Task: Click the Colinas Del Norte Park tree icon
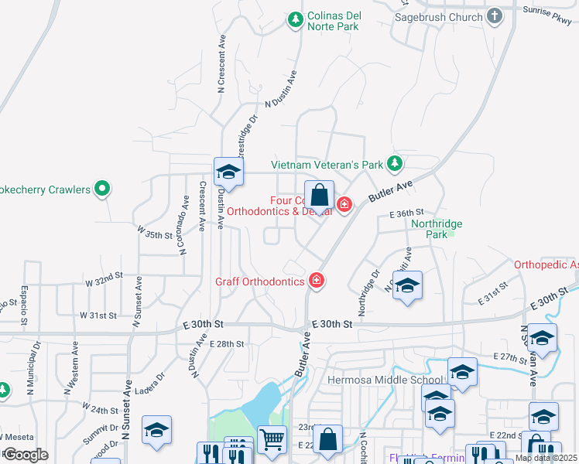pos(295,19)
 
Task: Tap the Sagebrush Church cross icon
pos(494,16)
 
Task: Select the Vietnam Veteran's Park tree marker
pos(395,163)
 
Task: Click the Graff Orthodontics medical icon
pos(316,280)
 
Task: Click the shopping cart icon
pos(272,440)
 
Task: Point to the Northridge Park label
pos(437,229)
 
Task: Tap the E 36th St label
pos(407,213)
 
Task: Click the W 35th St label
pos(153,233)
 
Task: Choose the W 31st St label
pos(98,316)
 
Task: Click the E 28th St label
pos(227,343)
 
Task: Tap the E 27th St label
pos(510,357)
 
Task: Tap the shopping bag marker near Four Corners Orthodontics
pos(318,196)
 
